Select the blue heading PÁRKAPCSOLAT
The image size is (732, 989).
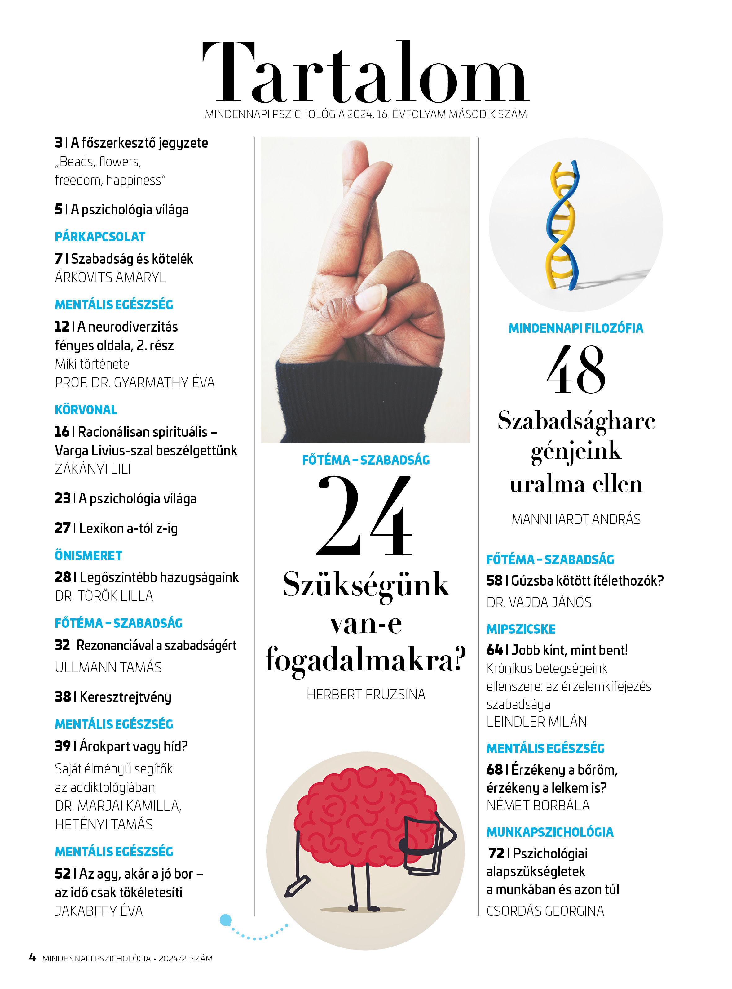pos(100,237)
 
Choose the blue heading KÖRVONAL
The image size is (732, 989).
pos(86,410)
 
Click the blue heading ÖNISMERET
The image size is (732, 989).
pos(89,555)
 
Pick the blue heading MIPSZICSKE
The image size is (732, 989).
pos(521,629)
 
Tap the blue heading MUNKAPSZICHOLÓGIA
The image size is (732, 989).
pos(550,832)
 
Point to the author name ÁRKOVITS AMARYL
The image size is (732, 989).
pos(110,278)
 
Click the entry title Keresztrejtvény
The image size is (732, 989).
pos(126,697)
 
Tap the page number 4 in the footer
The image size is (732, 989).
pos(32,958)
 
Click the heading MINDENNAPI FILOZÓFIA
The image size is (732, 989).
pos(575,328)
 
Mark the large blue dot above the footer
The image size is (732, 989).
pos(226,920)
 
